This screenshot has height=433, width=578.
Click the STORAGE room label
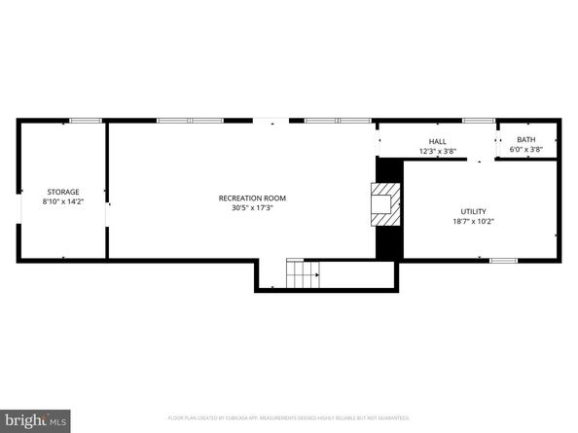click(x=63, y=192)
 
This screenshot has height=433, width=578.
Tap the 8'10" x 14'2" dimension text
click(x=63, y=201)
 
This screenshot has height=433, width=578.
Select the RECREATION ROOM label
click(x=252, y=198)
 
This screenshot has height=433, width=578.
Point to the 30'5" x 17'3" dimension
click(x=252, y=208)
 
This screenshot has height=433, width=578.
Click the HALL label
click(x=437, y=141)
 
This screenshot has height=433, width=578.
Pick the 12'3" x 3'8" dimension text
click(x=437, y=151)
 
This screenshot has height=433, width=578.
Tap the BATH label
click(x=525, y=139)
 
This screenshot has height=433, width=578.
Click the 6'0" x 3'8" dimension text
click(x=525, y=149)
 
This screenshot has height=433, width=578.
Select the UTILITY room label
click(x=474, y=211)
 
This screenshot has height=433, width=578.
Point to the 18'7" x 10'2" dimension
click(x=474, y=222)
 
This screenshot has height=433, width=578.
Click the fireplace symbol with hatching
click(x=386, y=203)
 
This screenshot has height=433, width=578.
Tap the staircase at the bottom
click(x=303, y=275)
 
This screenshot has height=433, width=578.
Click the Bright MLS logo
click(x=35, y=420)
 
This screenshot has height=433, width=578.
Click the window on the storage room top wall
click(x=85, y=121)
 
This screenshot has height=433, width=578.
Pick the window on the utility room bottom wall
click(x=503, y=260)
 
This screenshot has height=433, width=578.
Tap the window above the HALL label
click(x=478, y=121)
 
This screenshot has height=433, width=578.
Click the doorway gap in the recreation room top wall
click(x=271, y=121)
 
